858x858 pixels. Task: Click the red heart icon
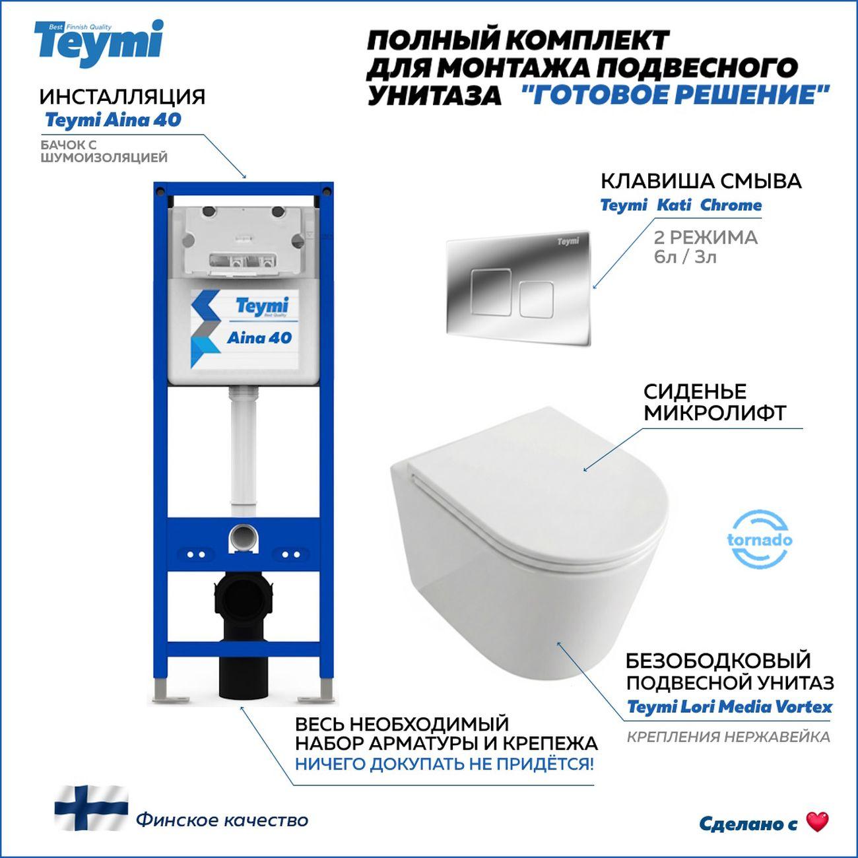(817, 822)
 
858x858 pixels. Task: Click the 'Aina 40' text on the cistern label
(259, 338)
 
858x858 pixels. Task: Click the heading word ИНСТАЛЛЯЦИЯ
(122, 97)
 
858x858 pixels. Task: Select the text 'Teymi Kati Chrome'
(680, 205)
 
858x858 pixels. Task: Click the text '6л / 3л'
(684, 256)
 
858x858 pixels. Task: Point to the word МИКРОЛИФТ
(715, 414)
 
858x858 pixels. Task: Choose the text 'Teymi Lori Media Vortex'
(729, 707)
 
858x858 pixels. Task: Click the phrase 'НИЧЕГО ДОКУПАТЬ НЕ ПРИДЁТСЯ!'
(444, 764)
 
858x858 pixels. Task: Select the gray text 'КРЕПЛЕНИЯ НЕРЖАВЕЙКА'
(728, 737)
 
